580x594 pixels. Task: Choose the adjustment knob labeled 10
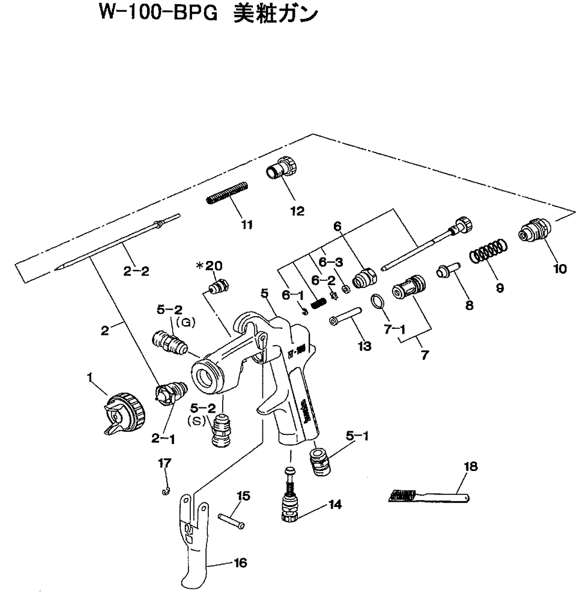coord(535,232)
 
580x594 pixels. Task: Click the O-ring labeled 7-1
coord(376,299)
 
